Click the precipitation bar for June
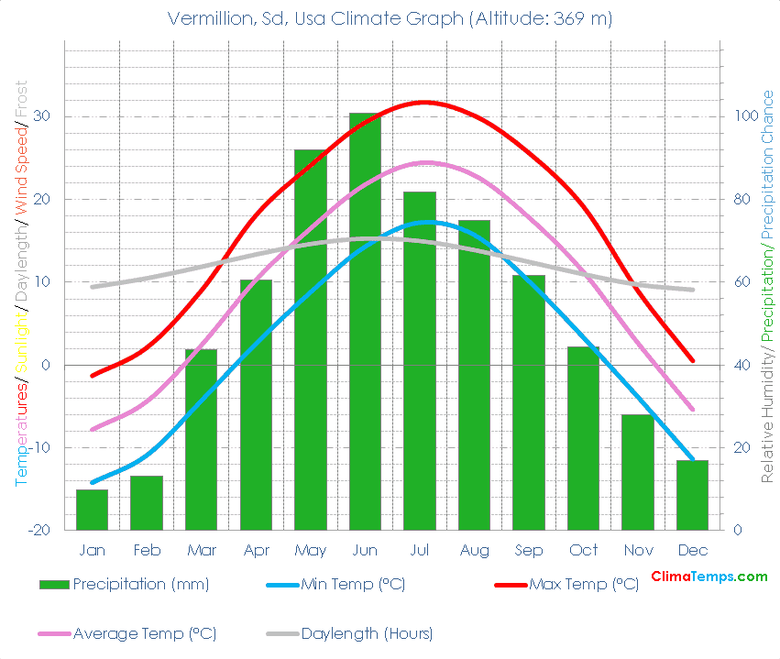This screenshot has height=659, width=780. point(365,321)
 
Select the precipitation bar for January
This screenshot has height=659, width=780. point(92,510)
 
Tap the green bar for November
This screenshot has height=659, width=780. point(638,472)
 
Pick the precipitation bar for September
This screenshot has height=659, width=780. point(529,402)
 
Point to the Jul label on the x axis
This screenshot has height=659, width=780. point(420,550)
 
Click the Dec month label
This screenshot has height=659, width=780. point(693,550)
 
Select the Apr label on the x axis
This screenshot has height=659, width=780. point(256,550)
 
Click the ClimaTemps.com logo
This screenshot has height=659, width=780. point(709,577)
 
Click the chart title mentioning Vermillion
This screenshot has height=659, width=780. point(390,18)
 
